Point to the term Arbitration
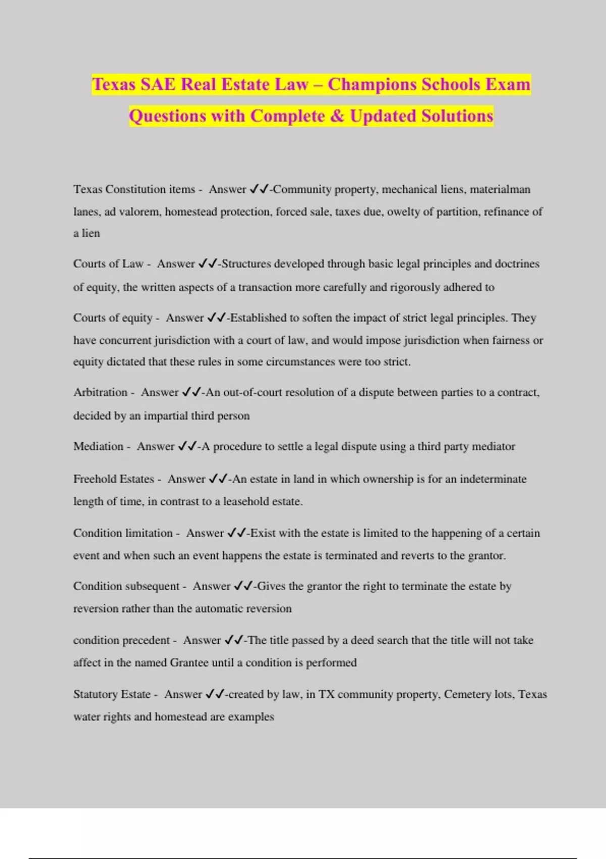100,393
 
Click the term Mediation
98,446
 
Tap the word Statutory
94,694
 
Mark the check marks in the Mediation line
187,446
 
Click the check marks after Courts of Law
208,264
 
